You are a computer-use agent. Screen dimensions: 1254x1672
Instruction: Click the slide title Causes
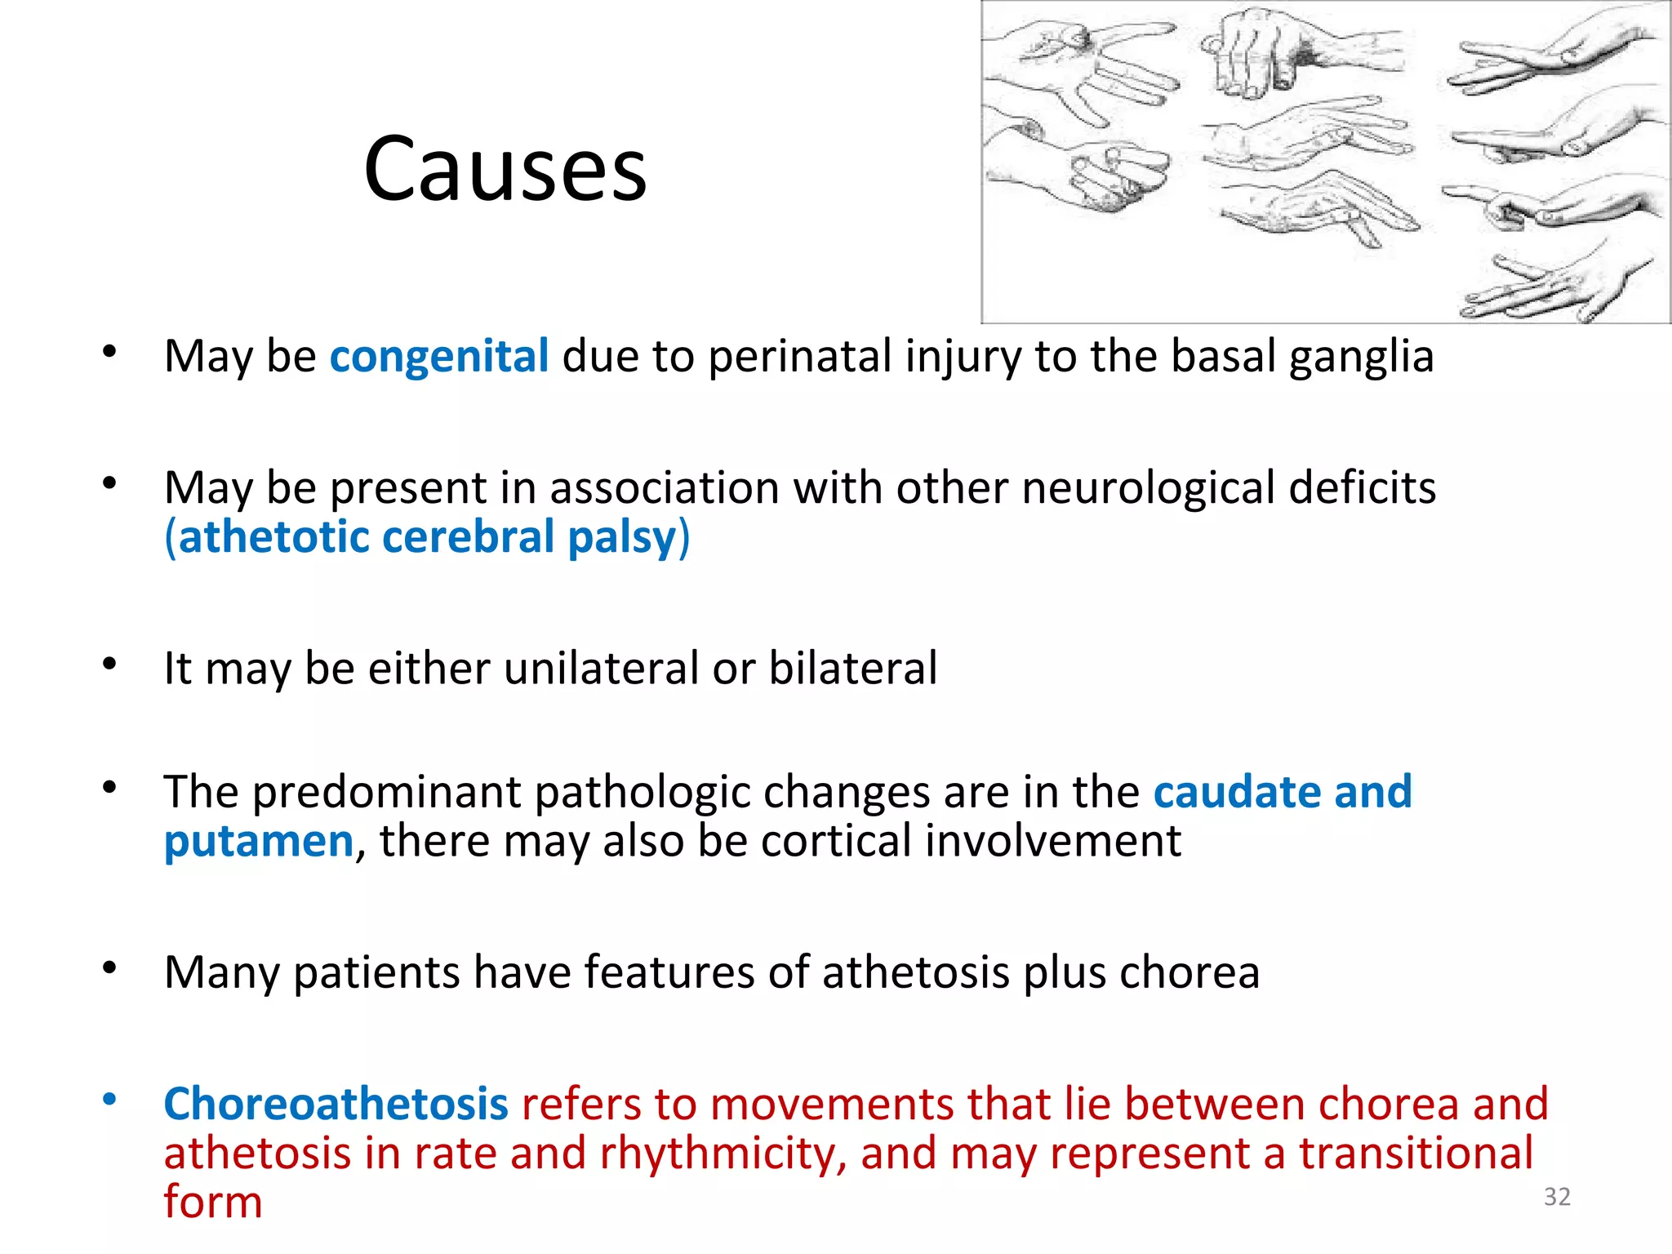point(505,170)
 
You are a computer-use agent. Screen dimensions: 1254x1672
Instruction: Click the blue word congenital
point(438,357)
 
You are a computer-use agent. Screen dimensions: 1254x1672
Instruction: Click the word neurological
point(1148,489)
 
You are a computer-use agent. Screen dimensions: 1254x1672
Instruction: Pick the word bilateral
point(852,669)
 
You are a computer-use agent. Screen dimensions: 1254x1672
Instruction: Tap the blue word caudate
point(1236,793)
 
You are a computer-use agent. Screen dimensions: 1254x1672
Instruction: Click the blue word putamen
point(258,843)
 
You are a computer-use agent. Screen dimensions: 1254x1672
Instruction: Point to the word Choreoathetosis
point(336,1105)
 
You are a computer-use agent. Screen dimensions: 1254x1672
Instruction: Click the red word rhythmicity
point(722,1154)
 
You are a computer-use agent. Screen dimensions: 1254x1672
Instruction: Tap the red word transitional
point(1416,1154)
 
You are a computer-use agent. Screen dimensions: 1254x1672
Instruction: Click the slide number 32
point(1557,1197)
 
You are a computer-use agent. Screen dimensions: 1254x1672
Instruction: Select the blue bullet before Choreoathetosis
point(109,1100)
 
